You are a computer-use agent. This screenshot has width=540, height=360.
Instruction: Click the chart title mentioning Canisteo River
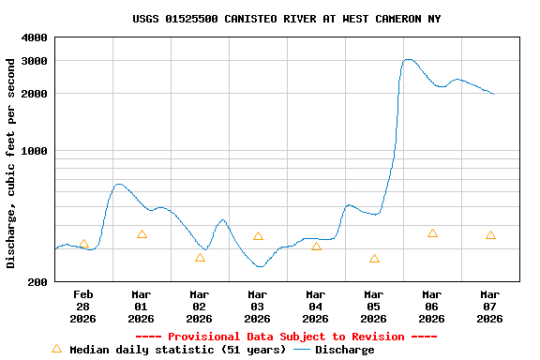[286, 19]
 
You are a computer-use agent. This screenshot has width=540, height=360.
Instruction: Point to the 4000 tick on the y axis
[35, 37]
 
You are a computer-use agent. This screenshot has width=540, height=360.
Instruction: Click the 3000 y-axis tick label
[35, 61]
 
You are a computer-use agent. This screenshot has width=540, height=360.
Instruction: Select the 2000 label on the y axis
[35, 94]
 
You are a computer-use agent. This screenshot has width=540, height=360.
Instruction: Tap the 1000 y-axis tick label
[35, 151]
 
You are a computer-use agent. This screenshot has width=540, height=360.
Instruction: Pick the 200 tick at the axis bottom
[38, 282]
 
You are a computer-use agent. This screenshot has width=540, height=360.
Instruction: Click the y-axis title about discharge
[11, 163]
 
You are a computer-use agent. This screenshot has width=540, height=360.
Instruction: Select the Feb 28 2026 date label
[83, 307]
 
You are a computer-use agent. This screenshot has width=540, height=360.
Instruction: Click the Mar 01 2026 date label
[142, 307]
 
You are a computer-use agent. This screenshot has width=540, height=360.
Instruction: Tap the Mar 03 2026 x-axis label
[258, 307]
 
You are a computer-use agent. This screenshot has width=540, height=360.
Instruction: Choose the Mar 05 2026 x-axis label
[374, 307]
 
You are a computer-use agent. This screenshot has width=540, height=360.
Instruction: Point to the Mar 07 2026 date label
[490, 307]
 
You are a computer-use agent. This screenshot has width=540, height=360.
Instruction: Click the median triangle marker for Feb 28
[83, 244]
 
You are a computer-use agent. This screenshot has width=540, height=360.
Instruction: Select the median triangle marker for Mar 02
[200, 258]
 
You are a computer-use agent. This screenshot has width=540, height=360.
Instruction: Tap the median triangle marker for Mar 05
[374, 259]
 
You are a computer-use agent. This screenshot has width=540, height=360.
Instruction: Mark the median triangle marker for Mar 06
[432, 233]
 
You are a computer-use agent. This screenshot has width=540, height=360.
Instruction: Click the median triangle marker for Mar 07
[490, 235]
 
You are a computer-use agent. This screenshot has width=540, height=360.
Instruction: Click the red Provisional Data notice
[286, 337]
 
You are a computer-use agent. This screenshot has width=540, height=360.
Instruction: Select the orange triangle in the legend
[56, 349]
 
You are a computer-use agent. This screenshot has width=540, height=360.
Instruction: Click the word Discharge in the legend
[344, 350]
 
